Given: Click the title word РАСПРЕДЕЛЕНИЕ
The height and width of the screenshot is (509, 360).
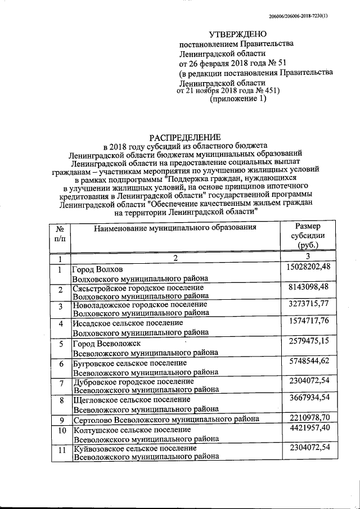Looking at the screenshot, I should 185,137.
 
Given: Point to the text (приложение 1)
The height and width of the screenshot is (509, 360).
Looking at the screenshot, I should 238,99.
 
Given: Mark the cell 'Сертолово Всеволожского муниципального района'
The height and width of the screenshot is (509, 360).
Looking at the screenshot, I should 166,420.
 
